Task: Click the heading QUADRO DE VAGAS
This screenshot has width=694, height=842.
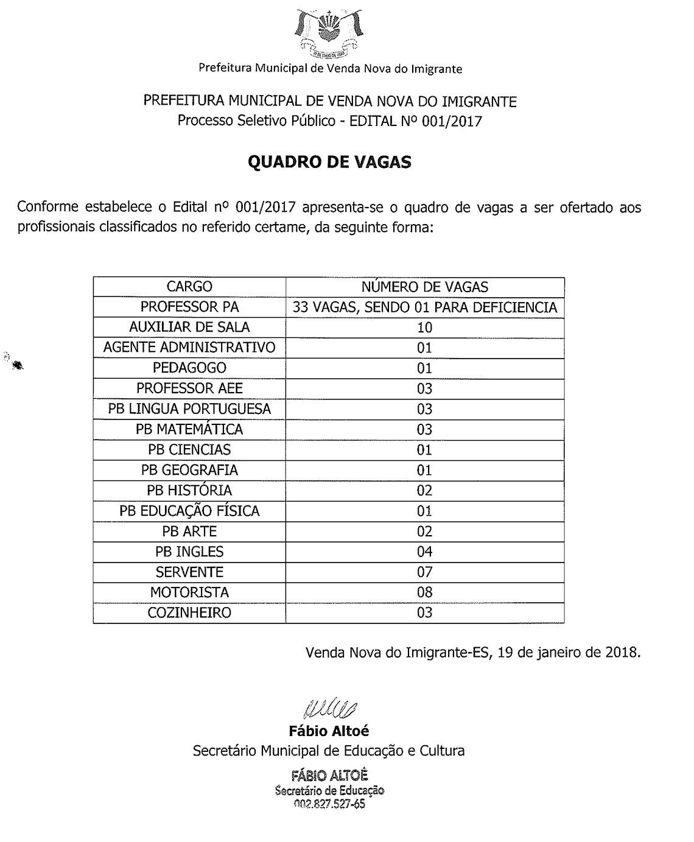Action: coord(329,162)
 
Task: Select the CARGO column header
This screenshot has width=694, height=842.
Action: coord(189,286)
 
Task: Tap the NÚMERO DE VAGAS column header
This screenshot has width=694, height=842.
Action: coord(424,287)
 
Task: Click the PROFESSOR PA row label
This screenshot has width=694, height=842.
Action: coord(189,307)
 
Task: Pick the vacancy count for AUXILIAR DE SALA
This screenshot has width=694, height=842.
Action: coord(424,328)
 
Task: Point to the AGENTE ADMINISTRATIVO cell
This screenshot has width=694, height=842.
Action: coord(189,348)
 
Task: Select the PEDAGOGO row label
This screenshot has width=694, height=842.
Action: coord(189,368)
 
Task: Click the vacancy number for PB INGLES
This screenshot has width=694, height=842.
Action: coord(424,552)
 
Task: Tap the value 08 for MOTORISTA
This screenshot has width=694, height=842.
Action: coord(424,592)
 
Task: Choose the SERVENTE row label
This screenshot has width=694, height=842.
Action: coord(189,572)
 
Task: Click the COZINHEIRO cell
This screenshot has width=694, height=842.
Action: coord(189,612)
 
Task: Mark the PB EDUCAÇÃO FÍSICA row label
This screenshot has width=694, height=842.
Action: coord(189,511)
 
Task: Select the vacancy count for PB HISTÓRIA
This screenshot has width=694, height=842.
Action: coord(424,491)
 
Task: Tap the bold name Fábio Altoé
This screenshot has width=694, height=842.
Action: coord(329,731)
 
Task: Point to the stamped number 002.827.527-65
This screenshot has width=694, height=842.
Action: coord(329,804)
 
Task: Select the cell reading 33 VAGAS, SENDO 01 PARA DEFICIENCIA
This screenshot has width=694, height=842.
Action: coord(424,307)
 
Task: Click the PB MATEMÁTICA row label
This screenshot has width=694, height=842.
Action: coord(189,429)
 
